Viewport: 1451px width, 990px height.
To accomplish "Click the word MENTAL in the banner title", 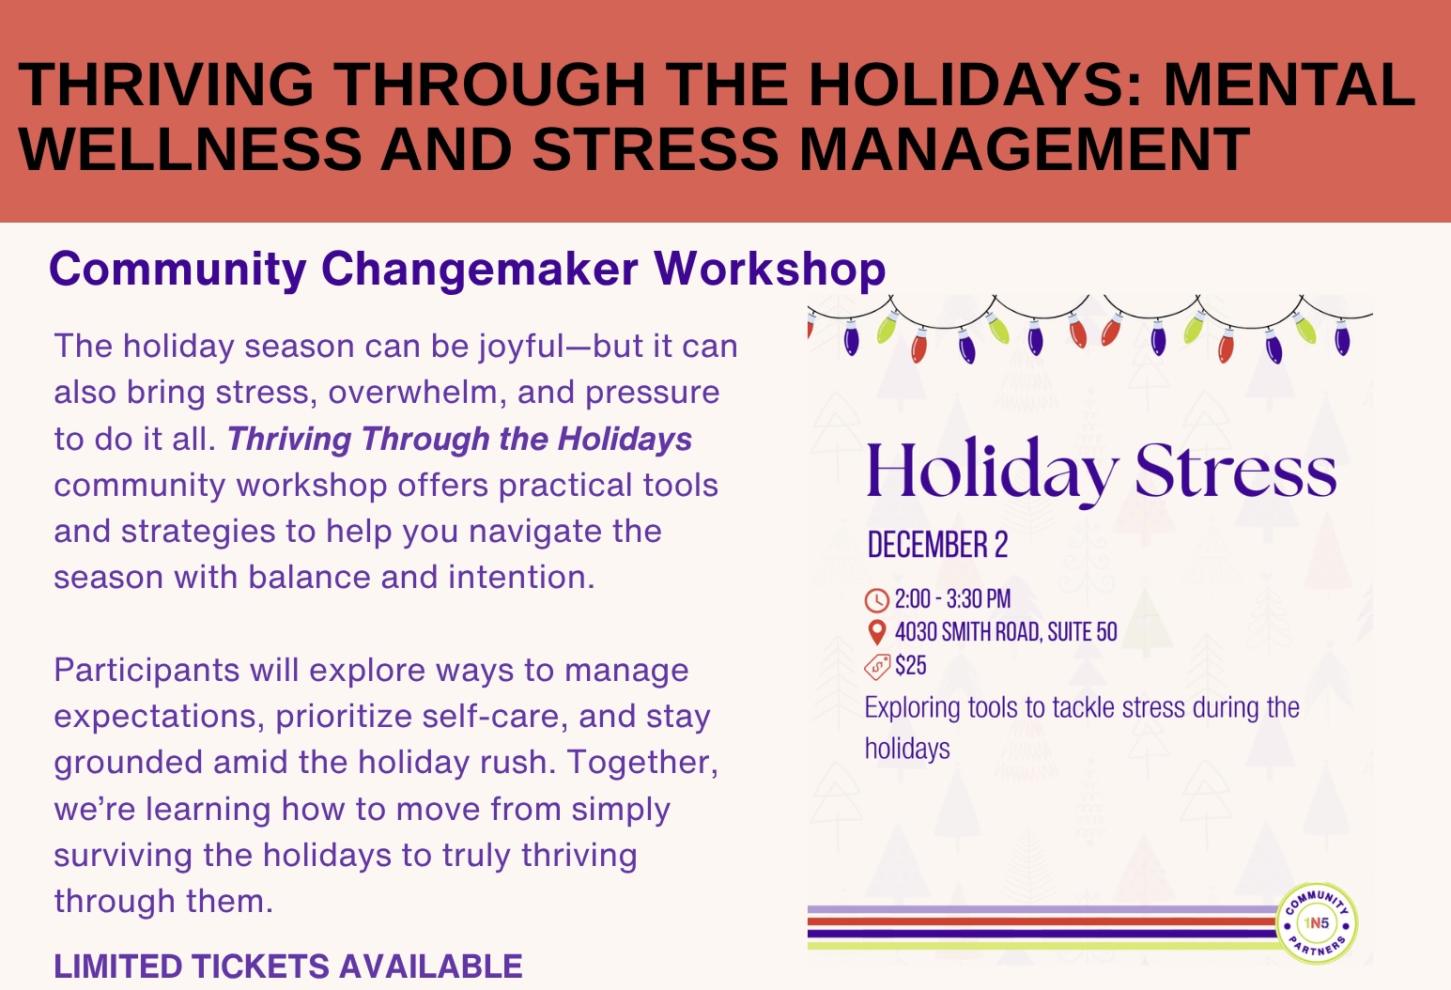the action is tap(1289, 85).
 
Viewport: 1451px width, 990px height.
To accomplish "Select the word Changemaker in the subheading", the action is tap(480, 269).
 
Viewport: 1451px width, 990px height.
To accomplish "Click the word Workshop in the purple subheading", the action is tap(770, 269).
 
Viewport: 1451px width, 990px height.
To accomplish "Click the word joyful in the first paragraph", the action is tap(522, 347).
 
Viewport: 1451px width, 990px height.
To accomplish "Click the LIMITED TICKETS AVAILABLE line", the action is tap(288, 966).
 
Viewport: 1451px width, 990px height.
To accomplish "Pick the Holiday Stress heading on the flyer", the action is tap(1102, 470).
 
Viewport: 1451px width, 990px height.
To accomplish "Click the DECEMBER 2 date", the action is tap(937, 544).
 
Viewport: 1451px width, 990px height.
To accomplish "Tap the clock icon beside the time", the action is tap(877, 600).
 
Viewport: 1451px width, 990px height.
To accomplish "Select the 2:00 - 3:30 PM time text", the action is tap(953, 599).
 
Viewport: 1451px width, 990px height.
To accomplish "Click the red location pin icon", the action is tap(876, 632).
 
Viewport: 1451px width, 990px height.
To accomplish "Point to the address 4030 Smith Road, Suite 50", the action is tap(1006, 632).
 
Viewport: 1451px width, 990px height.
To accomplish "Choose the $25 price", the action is tap(911, 665).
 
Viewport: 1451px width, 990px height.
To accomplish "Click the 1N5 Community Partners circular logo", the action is tap(1317, 922).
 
